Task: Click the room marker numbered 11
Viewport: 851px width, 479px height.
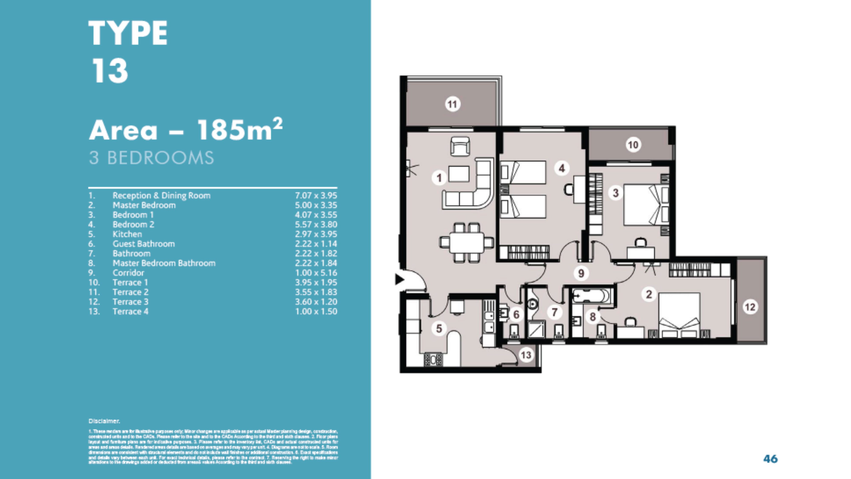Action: coord(452,104)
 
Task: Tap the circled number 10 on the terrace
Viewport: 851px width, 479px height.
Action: coord(633,145)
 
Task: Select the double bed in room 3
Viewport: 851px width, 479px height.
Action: coord(641,205)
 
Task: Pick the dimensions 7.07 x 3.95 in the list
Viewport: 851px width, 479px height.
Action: coord(316,195)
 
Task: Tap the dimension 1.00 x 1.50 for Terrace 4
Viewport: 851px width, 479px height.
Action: coord(316,312)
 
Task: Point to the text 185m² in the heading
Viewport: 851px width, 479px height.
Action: coord(240,130)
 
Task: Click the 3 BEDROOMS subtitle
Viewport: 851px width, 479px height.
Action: coord(151,158)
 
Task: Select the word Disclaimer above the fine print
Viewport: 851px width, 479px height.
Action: coord(104,421)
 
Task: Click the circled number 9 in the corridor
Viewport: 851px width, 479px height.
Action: coord(581,273)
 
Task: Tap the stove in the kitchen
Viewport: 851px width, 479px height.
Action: coord(433,359)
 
